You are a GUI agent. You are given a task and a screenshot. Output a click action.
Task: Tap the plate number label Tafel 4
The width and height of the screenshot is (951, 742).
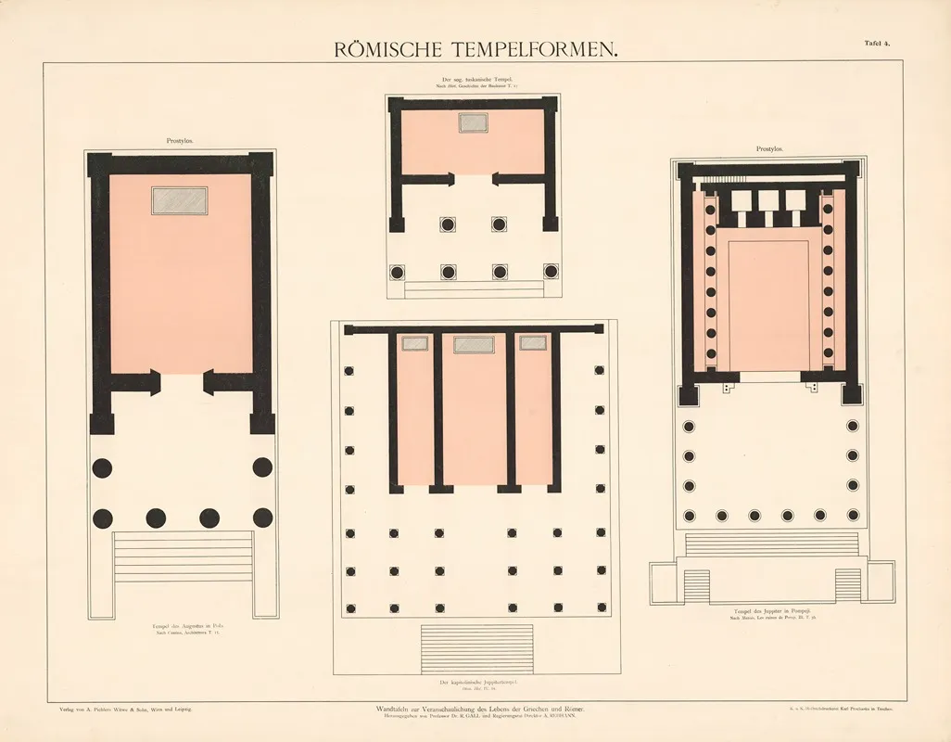[x=878, y=43]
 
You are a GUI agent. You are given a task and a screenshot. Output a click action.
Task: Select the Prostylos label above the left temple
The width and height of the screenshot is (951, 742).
[x=180, y=142]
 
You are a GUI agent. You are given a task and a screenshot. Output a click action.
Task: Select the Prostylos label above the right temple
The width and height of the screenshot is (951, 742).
[x=769, y=149]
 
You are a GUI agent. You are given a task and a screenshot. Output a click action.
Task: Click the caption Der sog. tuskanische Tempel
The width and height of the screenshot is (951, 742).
[x=473, y=82]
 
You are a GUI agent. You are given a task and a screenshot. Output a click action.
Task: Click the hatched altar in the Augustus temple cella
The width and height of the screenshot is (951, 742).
[x=180, y=200]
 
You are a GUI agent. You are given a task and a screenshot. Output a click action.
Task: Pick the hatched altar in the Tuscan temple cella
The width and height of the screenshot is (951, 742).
[x=474, y=122]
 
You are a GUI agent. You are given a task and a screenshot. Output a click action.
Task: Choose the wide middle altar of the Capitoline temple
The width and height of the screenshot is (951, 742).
[x=474, y=344]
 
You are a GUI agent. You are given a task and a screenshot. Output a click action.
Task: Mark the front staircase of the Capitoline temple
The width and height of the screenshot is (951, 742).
[x=476, y=648]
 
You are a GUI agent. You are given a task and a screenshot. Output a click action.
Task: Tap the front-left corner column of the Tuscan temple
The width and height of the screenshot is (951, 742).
[x=398, y=272]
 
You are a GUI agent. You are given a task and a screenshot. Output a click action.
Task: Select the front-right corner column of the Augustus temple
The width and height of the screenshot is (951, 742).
[x=263, y=518]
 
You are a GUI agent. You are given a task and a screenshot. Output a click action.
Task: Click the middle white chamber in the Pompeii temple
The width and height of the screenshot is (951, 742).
[x=768, y=202]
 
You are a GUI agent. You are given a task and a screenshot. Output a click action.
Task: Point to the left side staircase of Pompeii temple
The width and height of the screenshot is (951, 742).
[x=695, y=583]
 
